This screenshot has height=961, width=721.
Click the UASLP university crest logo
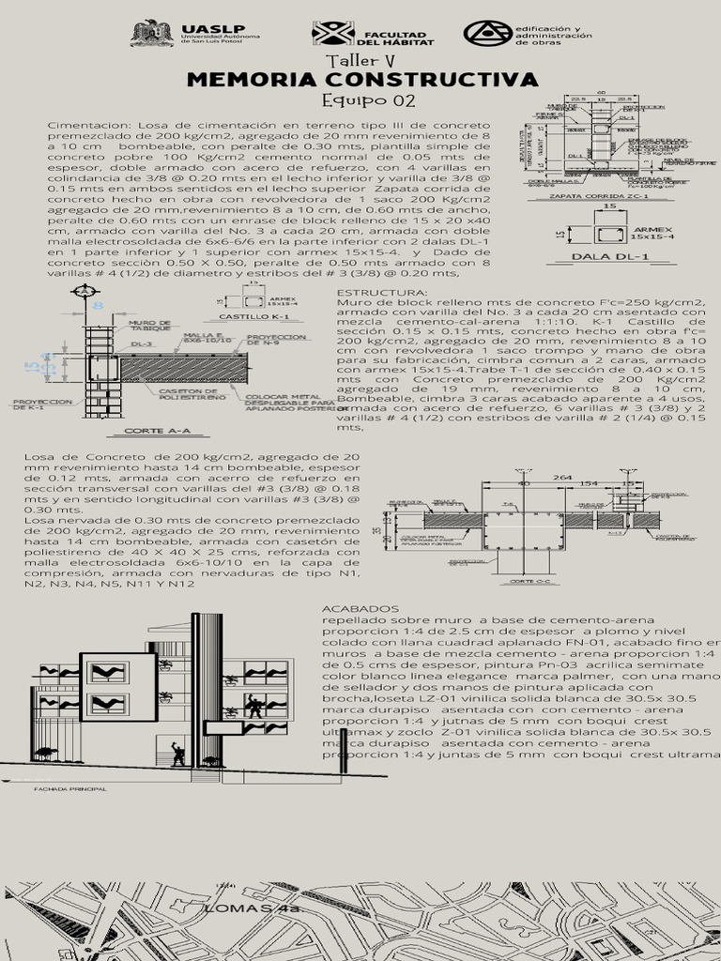[x=151, y=34]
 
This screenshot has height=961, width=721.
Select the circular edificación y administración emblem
[x=487, y=34]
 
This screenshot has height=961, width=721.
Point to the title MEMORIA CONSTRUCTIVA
[x=362, y=79]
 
